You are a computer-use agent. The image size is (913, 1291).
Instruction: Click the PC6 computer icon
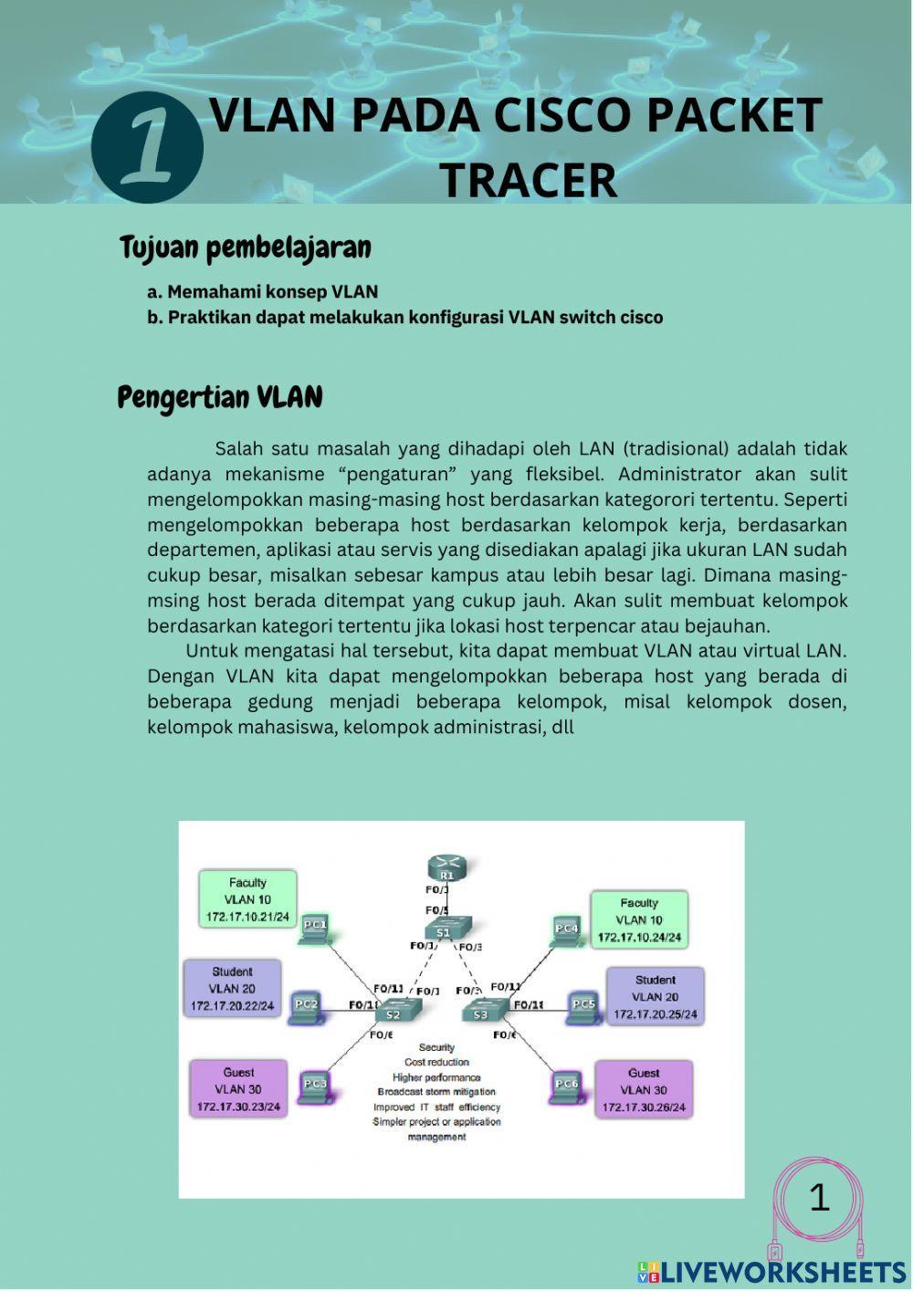[566, 1086]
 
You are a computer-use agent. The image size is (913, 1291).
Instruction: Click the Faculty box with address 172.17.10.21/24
[247, 899]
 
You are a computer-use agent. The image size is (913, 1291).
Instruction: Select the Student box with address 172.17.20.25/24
[655, 996]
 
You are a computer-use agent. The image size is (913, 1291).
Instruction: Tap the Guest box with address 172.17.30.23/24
[238, 1089]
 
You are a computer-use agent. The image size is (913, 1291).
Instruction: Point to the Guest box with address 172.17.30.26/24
[644, 1090]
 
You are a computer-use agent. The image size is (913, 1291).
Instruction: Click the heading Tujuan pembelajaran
[245, 247]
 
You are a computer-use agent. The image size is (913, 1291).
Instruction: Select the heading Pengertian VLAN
[220, 398]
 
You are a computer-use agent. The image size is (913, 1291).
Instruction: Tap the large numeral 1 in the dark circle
[147, 146]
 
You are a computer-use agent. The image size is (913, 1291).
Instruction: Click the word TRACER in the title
[529, 180]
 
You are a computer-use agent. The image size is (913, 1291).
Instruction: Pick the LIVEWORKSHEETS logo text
[782, 1271]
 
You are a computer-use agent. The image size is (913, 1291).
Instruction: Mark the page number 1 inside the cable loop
[819, 1197]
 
